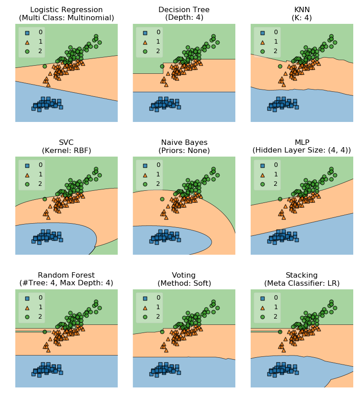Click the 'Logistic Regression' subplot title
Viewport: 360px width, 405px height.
[x=66, y=10]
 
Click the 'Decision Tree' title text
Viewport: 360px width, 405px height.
[x=184, y=10]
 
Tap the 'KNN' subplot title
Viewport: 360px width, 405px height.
[x=301, y=10]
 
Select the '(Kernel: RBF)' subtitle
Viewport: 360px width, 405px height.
[x=66, y=151]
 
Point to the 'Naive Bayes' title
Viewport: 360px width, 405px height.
[x=184, y=143]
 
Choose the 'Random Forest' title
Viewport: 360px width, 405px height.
[x=66, y=275]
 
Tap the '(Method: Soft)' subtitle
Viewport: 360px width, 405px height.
[x=184, y=283]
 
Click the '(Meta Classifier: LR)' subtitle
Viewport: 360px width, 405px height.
[x=301, y=283]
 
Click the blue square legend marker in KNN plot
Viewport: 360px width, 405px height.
[x=263, y=32]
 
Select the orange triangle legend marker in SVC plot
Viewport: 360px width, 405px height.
[x=27, y=175]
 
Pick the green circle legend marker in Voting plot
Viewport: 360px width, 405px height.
[x=145, y=317]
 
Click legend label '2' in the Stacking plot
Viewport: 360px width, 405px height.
[x=275, y=316]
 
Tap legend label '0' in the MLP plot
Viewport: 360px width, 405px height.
[x=275, y=165]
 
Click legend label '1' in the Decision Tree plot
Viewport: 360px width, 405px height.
[x=158, y=41]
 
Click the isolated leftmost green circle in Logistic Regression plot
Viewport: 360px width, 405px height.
[x=45, y=66]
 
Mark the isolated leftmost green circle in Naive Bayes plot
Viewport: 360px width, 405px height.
[x=162, y=199]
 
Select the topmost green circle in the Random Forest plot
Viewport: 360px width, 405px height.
[x=96, y=301]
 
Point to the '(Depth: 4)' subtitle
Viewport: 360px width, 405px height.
[x=184, y=18]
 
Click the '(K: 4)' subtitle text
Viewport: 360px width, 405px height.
[x=301, y=18]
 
